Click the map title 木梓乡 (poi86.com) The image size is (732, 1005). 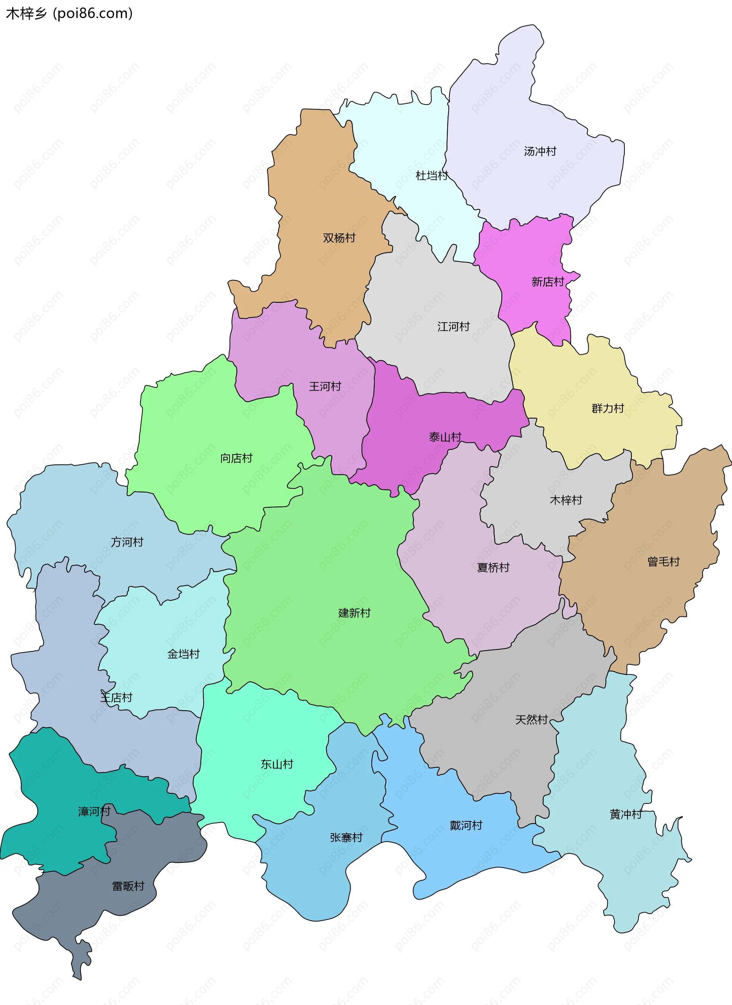click(69, 14)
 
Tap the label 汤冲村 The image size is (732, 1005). click(539, 152)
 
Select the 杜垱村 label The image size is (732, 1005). click(432, 176)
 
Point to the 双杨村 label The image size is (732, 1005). click(339, 238)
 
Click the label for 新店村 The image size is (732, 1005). click(547, 282)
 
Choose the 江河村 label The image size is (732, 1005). click(453, 327)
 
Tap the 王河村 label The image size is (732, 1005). click(325, 386)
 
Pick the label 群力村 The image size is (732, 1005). click(607, 408)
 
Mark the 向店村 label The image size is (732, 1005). click(236, 458)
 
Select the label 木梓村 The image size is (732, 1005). click(566, 500)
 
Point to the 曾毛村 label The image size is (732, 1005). click(663, 562)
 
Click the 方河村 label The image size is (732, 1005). click(127, 542)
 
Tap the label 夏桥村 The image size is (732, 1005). click(493, 568)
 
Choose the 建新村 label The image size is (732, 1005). click(354, 613)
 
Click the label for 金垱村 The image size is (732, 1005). click(183, 654)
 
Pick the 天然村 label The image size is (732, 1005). click(531, 720)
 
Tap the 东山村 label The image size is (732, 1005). click(277, 764)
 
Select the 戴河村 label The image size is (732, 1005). click(466, 826)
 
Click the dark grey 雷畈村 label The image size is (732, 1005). click(128, 886)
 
